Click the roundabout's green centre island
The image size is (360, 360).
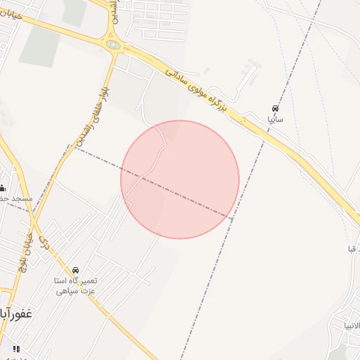[x=113, y=45]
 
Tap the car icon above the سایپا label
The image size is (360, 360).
[x=274, y=109]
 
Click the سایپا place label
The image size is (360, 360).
[x=274, y=120]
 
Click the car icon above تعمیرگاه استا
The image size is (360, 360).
[x=75, y=270]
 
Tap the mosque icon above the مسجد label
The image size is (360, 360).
[x=2, y=188]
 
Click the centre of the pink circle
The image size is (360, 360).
[x=180, y=179]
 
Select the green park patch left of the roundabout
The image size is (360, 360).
[x=39, y=47]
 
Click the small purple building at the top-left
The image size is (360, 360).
[x=44, y=15]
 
